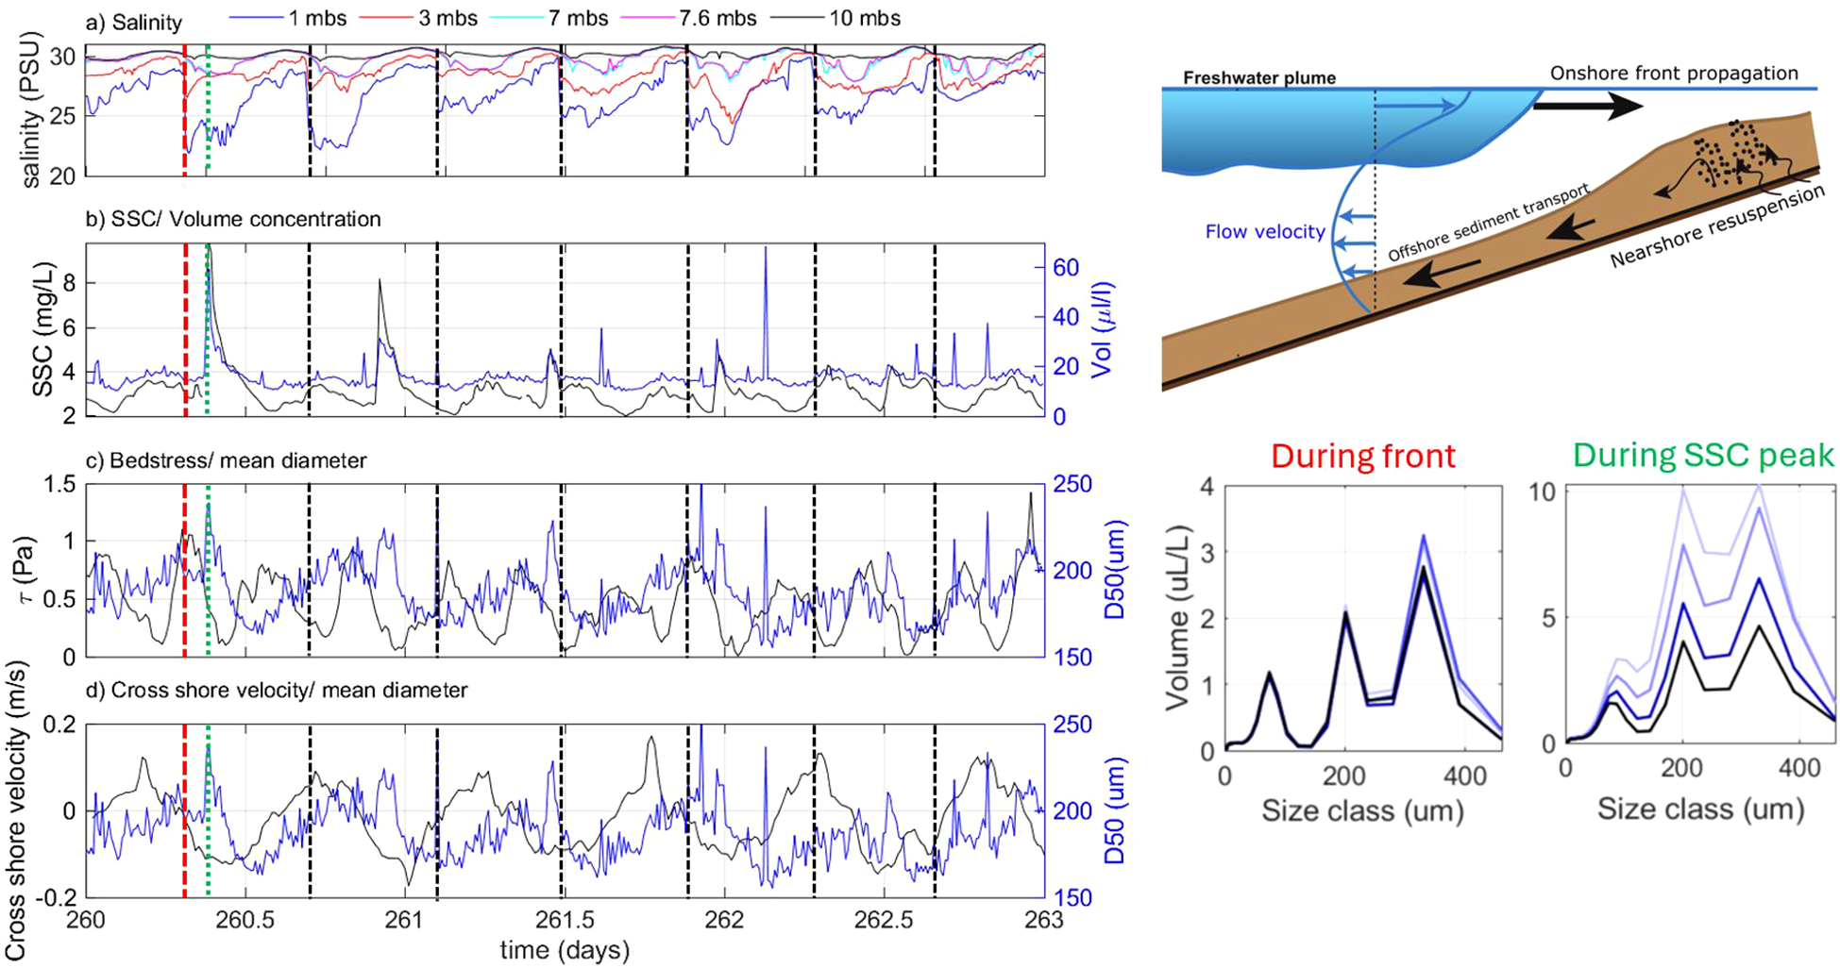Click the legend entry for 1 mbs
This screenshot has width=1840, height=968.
coord(316,18)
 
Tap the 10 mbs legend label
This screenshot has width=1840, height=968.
coord(864,18)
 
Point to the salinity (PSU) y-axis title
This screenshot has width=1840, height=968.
coord(33,108)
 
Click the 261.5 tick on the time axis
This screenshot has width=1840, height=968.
coord(564,920)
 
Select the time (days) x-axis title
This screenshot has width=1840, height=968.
coord(565,949)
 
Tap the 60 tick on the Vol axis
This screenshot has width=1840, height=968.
coord(1066,268)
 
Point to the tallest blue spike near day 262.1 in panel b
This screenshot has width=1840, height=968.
coord(766,250)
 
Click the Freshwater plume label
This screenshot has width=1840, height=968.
coord(1259,77)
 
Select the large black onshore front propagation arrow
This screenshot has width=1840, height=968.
coord(1586,107)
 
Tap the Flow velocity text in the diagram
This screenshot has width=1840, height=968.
coord(1265,231)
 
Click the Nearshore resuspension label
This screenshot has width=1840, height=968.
coord(1717,226)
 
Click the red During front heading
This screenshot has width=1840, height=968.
coord(1362,456)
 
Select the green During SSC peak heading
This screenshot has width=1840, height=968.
coord(1703,456)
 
